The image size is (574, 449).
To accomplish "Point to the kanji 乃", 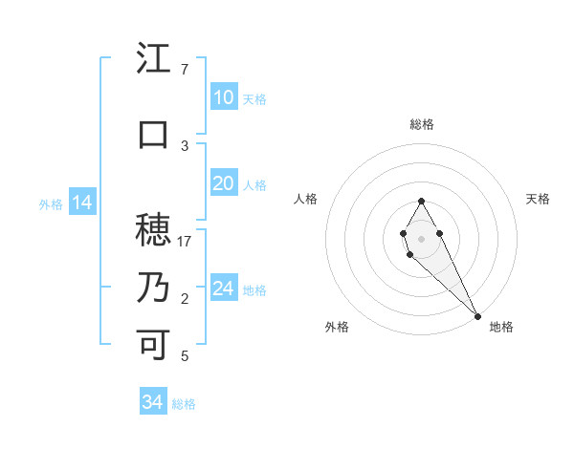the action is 153,287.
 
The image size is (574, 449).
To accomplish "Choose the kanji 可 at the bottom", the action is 153,343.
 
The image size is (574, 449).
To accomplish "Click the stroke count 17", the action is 185,241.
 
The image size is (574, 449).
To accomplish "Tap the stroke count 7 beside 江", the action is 185,70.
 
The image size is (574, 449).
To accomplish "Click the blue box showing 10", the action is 223,97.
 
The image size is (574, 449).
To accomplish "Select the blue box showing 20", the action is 223,183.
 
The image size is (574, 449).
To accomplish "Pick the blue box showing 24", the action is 223,289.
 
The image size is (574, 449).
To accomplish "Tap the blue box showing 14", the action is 81,203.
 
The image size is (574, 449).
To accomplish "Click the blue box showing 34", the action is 152,402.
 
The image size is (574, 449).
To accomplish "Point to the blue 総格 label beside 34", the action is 184,404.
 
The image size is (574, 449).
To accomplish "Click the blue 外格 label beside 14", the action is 51,203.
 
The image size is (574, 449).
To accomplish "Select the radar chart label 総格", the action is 422,124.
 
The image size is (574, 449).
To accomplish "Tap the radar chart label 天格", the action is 538,199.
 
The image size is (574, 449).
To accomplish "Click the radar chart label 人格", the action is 305,199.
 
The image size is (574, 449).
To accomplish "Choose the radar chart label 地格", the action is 501,327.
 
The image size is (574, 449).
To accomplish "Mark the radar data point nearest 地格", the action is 477,315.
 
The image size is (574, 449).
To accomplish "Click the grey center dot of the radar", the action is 421,238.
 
